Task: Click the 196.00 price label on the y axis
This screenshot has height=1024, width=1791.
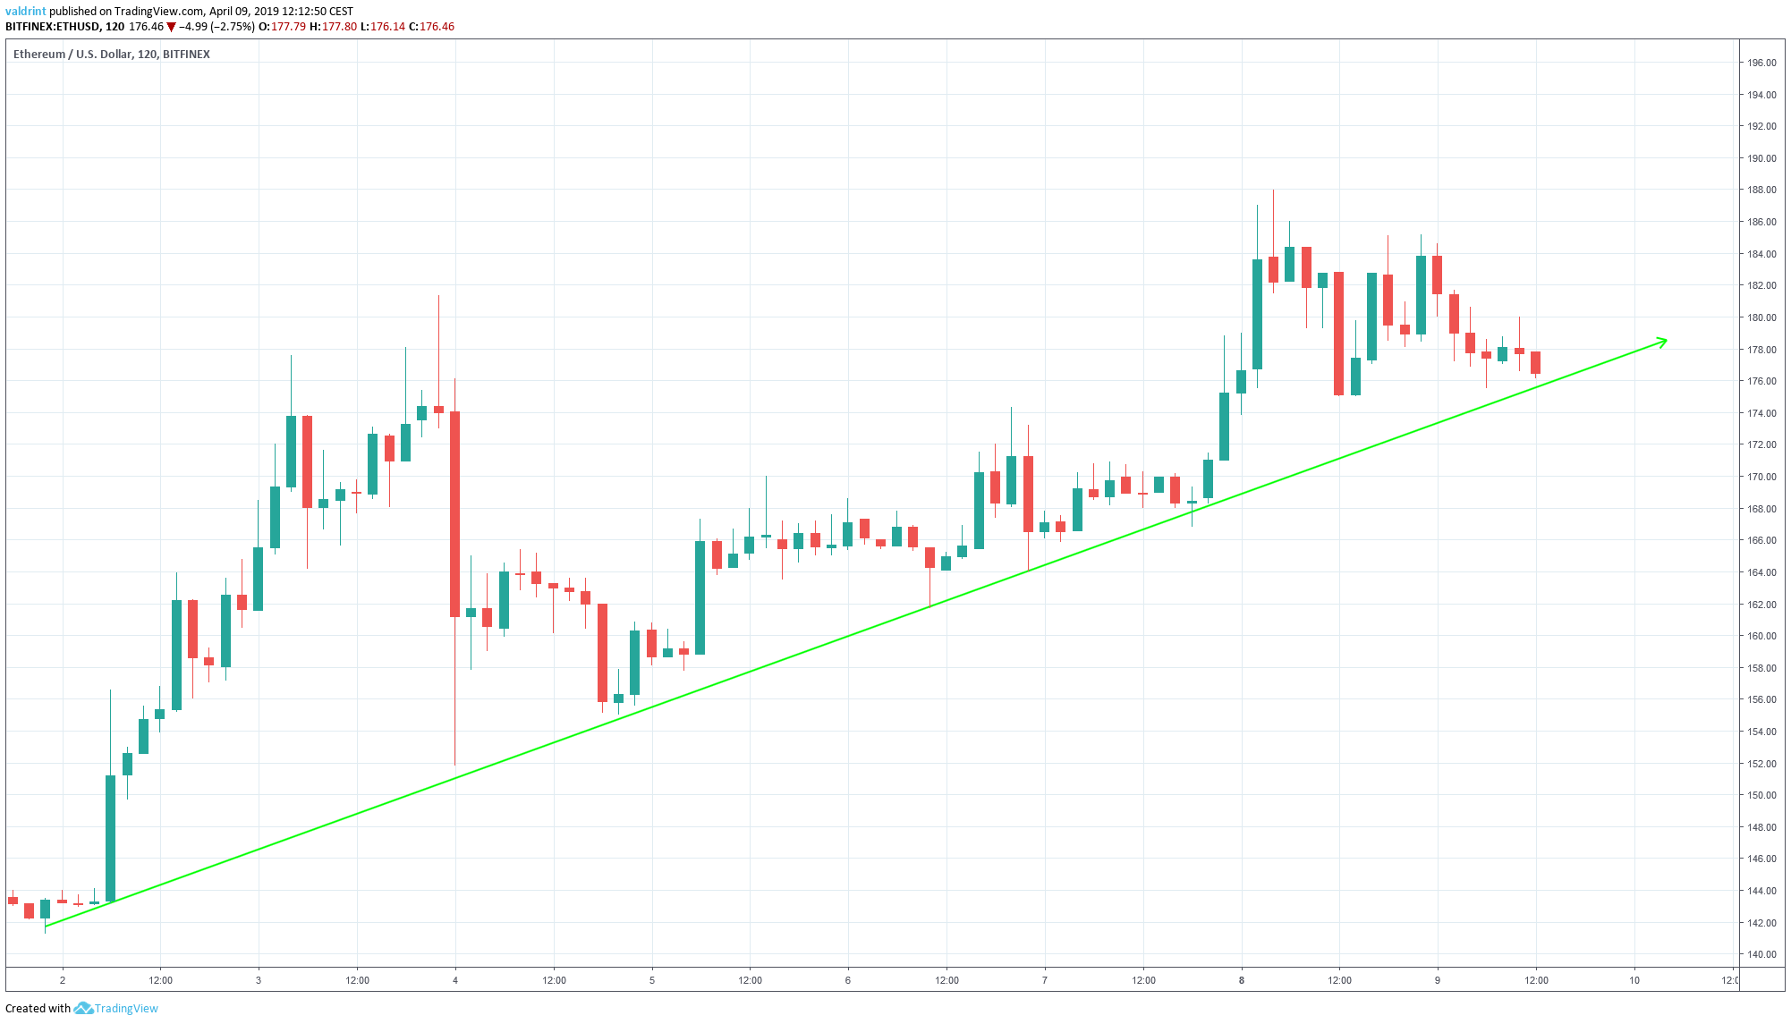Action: point(1761,63)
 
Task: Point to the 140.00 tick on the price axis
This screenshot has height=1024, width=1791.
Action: point(1761,954)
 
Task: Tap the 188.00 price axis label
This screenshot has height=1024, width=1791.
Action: point(1761,190)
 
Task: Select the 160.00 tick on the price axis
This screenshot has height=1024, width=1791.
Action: point(1761,636)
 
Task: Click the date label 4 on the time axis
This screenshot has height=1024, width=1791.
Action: point(455,980)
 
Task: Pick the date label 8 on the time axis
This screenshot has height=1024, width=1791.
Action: point(1242,980)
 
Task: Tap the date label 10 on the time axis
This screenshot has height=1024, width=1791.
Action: point(1634,980)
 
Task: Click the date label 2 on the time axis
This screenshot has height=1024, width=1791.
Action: point(63,980)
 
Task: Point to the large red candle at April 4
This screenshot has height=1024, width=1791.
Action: point(454,514)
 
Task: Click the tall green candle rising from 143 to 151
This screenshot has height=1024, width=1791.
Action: point(111,838)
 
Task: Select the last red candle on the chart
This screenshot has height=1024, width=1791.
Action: point(1535,362)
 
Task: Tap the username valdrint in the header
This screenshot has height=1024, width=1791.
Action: point(26,12)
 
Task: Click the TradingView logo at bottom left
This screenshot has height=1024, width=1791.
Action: point(117,1008)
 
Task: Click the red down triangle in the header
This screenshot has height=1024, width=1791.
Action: point(172,27)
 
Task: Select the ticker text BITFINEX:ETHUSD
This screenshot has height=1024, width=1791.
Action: point(52,27)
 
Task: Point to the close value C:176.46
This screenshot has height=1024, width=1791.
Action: point(431,27)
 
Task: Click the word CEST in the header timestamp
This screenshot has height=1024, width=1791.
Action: point(341,12)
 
